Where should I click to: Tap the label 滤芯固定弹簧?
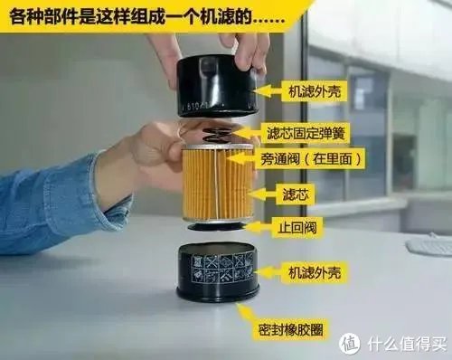tap(302, 133)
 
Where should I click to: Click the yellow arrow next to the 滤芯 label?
tap(262, 194)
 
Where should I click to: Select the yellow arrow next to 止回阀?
tap(259, 226)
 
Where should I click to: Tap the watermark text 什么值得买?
tap(403, 344)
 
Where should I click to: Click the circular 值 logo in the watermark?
tap(349, 344)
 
